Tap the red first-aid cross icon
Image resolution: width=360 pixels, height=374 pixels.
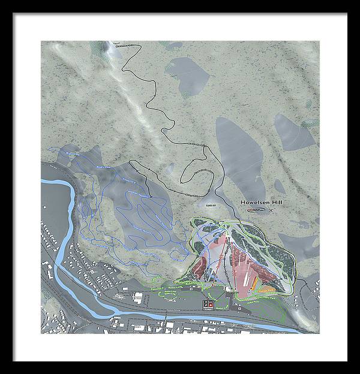(211, 304)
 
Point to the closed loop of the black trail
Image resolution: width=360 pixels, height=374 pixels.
(198, 174)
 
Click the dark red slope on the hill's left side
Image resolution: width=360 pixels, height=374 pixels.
(200, 264)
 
